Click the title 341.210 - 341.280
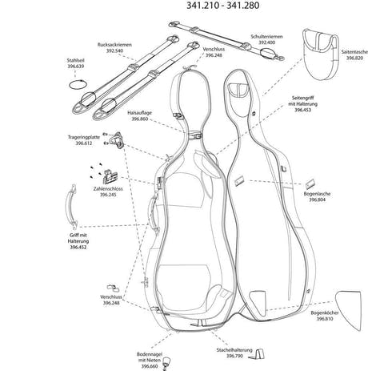(222, 6)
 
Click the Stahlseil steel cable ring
(78, 81)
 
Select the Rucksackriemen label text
(114, 45)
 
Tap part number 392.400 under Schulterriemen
(266, 42)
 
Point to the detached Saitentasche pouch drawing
(321, 54)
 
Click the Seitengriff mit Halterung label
(302, 103)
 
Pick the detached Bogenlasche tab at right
(310, 183)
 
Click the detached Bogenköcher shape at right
(349, 310)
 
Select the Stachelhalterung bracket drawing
(258, 354)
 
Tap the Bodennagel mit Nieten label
(150, 360)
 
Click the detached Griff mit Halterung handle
(71, 206)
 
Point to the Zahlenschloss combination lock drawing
(110, 176)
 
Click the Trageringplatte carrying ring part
(118, 140)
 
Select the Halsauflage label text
(139, 113)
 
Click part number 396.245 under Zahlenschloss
(108, 195)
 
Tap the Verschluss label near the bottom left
(111, 296)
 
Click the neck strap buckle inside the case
(195, 135)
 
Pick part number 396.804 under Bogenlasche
(317, 200)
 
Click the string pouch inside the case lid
(238, 90)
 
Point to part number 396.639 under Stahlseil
(75, 67)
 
